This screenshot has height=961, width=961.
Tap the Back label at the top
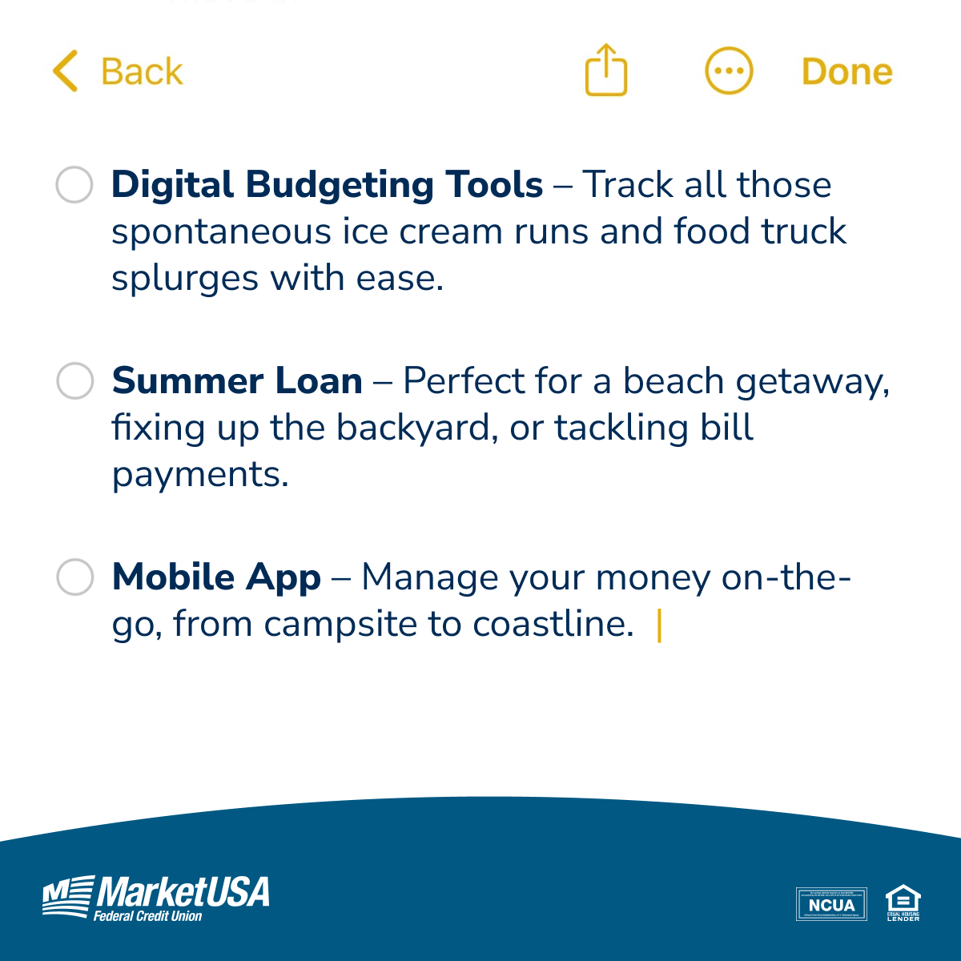[142, 72]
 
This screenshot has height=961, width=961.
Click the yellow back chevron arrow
[66, 71]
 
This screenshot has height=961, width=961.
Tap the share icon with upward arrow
[606, 70]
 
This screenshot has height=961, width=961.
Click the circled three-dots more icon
[729, 71]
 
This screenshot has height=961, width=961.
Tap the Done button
[846, 72]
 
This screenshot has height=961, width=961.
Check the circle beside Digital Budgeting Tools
[74, 185]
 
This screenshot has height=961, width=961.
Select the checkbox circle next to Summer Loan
[74, 380]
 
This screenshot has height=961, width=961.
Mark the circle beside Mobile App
[74, 577]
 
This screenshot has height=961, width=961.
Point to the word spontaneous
[220, 232]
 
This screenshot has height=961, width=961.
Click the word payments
[199, 474]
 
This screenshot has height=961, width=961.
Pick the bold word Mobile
[173, 577]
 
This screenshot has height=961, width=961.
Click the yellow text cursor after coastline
[659, 625]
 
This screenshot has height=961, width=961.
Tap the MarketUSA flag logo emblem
[67, 897]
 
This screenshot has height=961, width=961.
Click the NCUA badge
[831, 904]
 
